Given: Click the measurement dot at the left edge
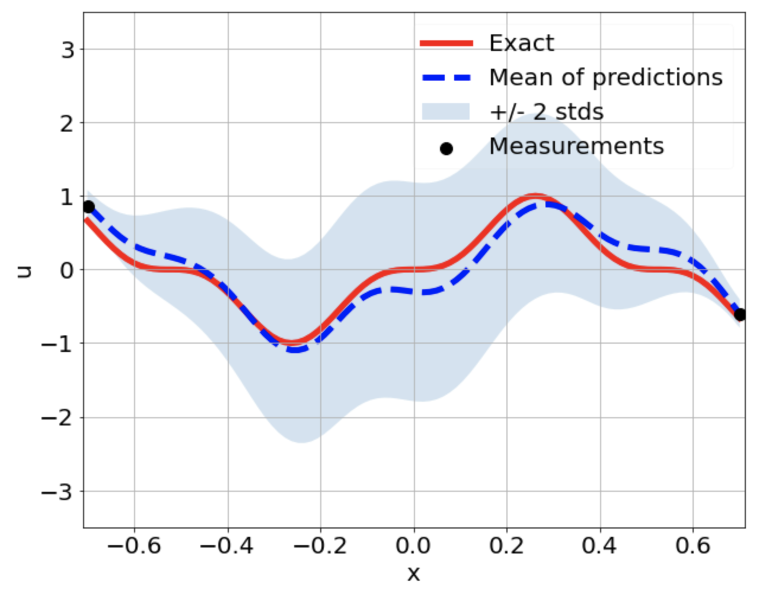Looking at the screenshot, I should tap(88, 207).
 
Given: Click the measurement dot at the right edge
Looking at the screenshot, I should tap(739, 315).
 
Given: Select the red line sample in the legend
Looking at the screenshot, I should tap(446, 43).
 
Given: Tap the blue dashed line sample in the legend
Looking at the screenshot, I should tap(446, 78).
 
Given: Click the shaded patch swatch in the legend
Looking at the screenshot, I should tap(446, 112).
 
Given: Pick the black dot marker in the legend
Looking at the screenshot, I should tap(446, 149).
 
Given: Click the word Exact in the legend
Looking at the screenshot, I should tap(521, 43).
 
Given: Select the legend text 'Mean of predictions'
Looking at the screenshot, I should tap(605, 78).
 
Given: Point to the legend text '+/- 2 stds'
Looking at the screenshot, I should tap(546, 112).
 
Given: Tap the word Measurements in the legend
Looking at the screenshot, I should tap(576, 146).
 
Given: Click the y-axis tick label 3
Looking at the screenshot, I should tap(68, 50).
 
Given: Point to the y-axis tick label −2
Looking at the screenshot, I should tap(58, 418).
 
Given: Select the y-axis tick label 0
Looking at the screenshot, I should tap(68, 271).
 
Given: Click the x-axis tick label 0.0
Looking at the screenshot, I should tap(413, 546).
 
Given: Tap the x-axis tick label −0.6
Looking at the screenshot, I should tap(134, 546).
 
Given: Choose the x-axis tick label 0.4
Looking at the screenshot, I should tap(599, 546).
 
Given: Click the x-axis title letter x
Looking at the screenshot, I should tap(413, 573).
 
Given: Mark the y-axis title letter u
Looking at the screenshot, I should tap(24, 271).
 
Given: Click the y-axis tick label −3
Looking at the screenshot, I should tap(58, 492).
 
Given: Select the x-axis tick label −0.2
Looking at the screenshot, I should tap(320, 546).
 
